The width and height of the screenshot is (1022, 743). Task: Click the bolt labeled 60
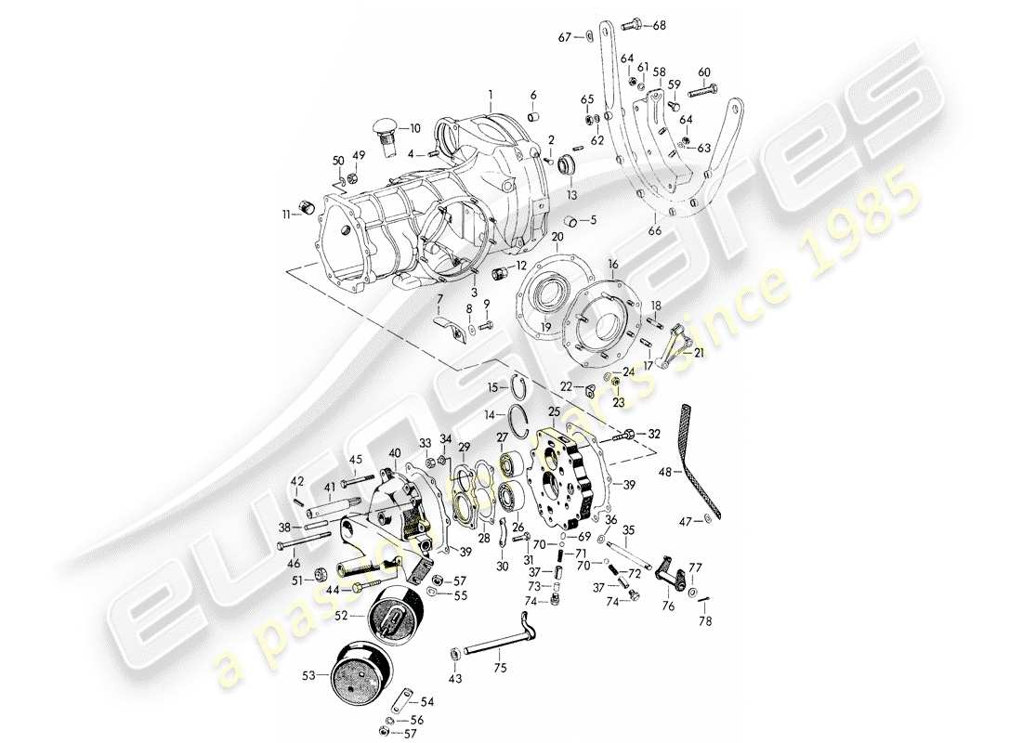coord(703,91)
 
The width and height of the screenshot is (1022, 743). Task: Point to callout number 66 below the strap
coord(657,230)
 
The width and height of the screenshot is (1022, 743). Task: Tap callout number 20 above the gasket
coord(557,238)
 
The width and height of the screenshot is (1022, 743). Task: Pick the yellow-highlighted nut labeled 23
coord(615,381)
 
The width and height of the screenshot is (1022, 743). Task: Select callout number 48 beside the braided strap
coord(663,472)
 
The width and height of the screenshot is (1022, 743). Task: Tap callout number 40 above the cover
coord(395,452)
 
